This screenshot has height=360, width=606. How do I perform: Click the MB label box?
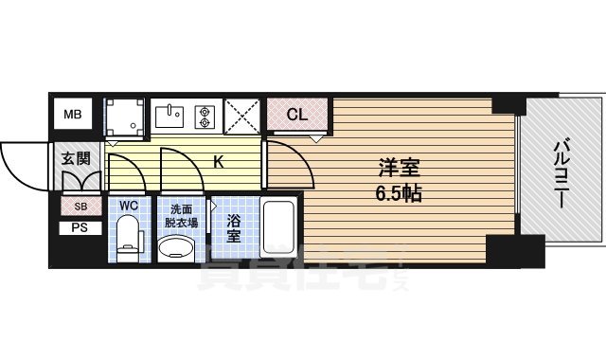pyautogui.click(x=73, y=116)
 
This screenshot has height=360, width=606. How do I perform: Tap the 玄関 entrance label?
pyautogui.click(x=75, y=158)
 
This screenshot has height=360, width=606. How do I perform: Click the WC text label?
pyautogui.click(x=129, y=206)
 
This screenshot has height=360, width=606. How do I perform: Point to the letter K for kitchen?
pyautogui.click(x=218, y=162)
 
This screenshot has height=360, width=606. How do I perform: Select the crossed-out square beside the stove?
pyautogui.click(x=243, y=117)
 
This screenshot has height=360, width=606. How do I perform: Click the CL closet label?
pyautogui.click(x=296, y=116)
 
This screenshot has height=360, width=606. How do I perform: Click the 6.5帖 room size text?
pyautogui.click(x=398, y=192)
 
